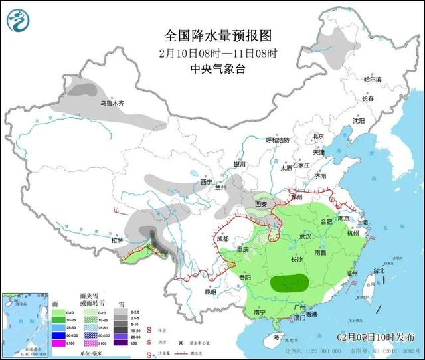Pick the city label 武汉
click(x=305, y=236)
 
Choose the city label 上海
click(x=362, y=223)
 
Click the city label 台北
click(x=378, y=271)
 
